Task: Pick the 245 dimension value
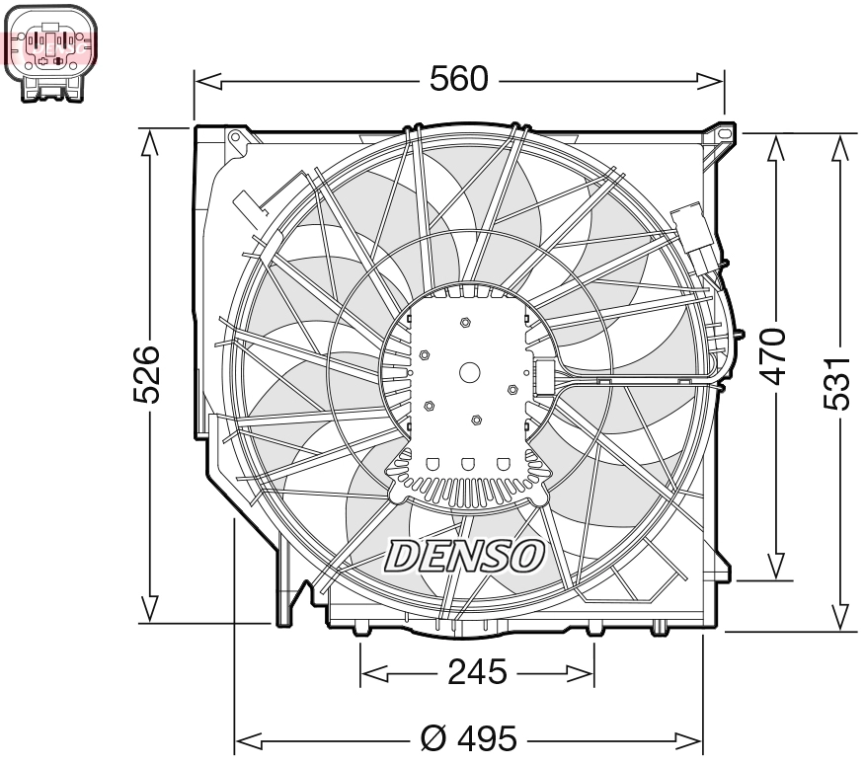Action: (477, 673)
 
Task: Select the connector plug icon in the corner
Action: (51, 50)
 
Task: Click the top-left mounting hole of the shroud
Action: (235, 138)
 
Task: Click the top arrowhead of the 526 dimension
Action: (148, 144)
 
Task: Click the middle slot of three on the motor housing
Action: (470, 463)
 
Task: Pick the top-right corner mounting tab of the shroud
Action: (725, 131)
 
